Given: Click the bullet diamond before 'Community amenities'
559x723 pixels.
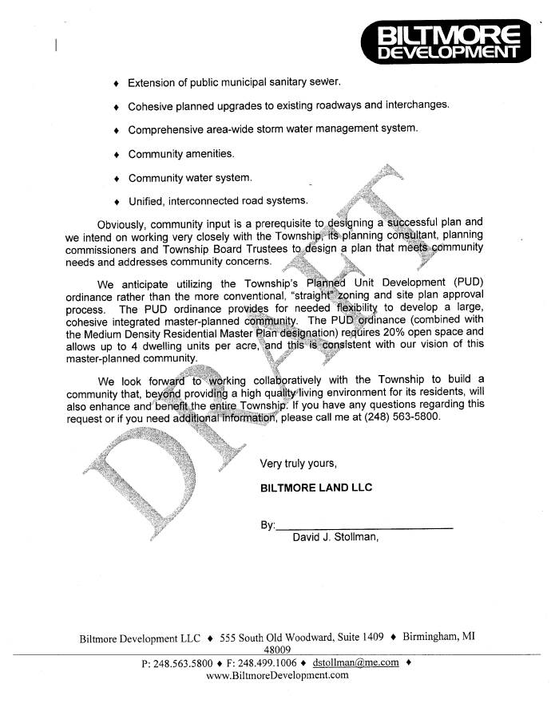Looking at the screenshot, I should [117, 154].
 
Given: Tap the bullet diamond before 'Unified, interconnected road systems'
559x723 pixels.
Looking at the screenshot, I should [117, 201].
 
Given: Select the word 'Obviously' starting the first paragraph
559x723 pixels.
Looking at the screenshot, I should [122, 223].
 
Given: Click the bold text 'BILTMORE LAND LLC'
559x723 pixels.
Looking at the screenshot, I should [316, 487].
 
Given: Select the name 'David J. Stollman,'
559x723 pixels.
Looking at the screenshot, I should [335, 537].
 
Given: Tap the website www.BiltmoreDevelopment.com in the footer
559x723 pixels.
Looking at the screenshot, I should [278, 675].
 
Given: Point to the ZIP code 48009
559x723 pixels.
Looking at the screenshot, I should [276, 650].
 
